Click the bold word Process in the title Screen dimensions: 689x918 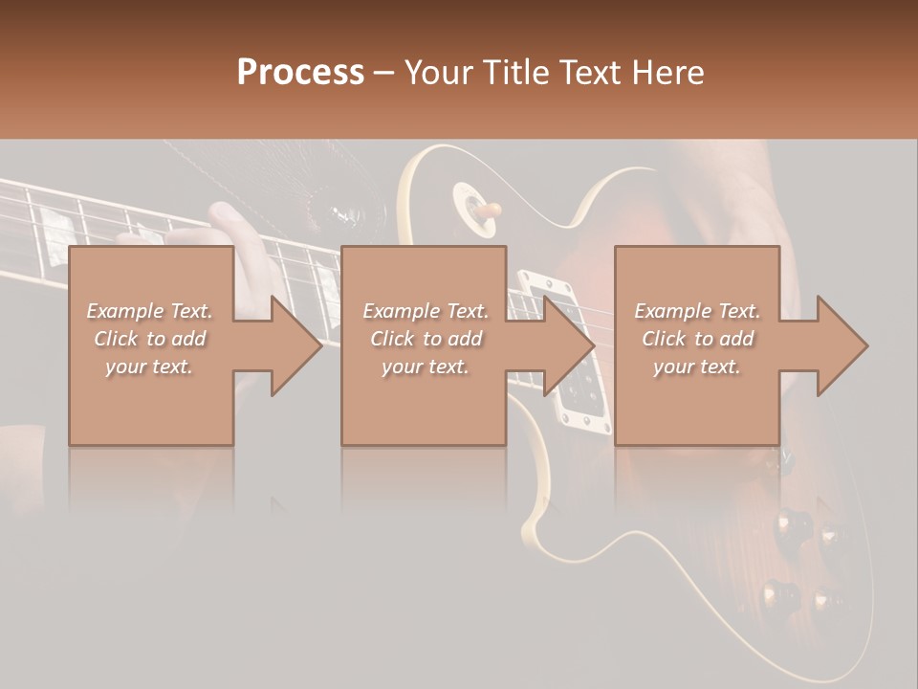[300, 72]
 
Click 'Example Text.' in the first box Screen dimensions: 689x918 [149, 311]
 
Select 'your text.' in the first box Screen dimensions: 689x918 [149, 367]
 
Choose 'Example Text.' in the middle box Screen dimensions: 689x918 [426, 311]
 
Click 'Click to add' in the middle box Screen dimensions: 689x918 [426, 339]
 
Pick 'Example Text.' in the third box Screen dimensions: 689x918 [697, 311]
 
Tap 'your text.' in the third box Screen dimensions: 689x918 [697, 367]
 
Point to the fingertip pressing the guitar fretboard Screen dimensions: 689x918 [226, 212]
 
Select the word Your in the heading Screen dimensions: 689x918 [439, 72]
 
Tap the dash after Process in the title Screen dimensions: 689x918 [384, 74]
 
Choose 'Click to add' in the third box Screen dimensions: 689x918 [697, 339]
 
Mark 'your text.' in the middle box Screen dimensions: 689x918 [426, 367]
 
